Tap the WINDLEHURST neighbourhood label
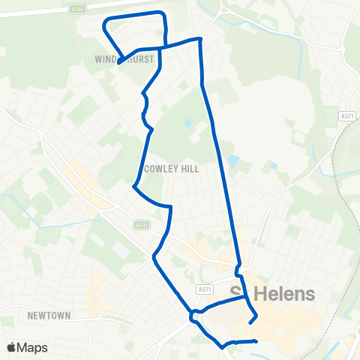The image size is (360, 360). [124, 58]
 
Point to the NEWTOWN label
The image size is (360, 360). [49, 316]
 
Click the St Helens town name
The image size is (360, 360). [271, 293]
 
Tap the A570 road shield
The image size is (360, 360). [142, 224]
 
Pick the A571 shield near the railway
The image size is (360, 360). [346, 116]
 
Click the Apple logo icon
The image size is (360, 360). [12, 347]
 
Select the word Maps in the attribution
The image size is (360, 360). [34, 347]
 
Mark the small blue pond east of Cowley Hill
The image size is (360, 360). [235, 160]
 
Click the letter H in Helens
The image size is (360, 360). [260, 293]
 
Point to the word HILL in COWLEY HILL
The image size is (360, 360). [190, 169]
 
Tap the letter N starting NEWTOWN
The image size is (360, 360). [29, 316]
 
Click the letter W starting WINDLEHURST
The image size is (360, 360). [98, 58]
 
